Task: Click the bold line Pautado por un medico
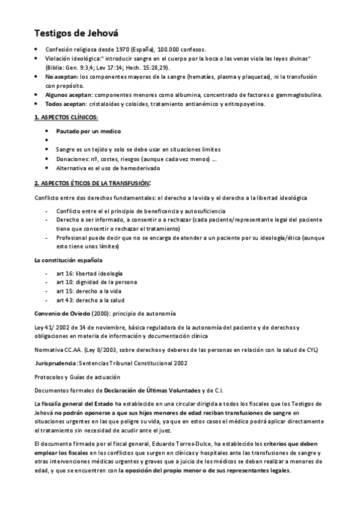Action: [x=88, y=131]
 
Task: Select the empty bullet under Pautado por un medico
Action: [x=48, y=140]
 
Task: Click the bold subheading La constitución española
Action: [x=68, y=260]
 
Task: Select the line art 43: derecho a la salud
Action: [x=91, y=300]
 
